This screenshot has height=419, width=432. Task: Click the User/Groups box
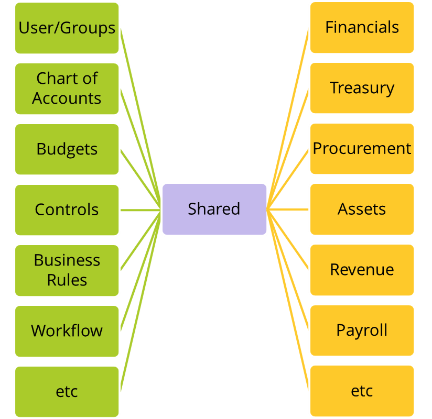[x=67, y=28]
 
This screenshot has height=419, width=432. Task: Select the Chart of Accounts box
[x=67, y=89]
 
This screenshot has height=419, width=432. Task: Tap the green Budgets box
[x=67, y=149]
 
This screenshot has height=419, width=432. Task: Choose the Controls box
[x=67, y=210]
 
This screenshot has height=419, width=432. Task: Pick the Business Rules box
[x=67, y=270]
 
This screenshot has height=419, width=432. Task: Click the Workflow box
[x=67, y=331]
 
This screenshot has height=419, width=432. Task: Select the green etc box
[x=67, y=392]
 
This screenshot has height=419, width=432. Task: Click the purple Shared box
[x=214, y=209]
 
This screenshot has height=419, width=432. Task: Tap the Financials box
[x=362, y=28]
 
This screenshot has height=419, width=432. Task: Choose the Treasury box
[x=362, y=88]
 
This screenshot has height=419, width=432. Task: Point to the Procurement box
[x=362, y=149]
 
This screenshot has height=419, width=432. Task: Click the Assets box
[x=362, y=209]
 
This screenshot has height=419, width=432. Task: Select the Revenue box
[x=362, y=270]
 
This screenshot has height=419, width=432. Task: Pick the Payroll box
[x=362, y=330]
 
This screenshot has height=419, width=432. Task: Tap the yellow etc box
[x=362, y=391]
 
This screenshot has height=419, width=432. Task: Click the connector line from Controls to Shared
[x=141, y=210]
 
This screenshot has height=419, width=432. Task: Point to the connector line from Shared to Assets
[x=287, y=210]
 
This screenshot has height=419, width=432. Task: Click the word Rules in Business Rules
[x=67, y=280]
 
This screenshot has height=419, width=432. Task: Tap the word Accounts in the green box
[x=67, y=98]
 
